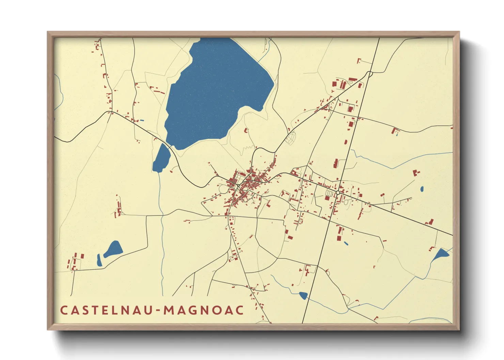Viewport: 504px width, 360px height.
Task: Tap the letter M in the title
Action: (x=169, y=310)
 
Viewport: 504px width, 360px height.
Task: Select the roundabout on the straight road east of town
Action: (x=337, y=193)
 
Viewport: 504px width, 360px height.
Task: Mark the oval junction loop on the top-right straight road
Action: (x=369, y=73)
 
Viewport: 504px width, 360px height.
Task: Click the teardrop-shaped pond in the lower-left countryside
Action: (x=114, y=249)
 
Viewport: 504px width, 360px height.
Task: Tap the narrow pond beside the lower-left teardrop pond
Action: (x=99, y=260)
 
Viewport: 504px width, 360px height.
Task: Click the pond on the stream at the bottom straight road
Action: (x=303, y=295)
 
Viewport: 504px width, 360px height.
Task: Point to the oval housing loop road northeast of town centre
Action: (x=290, y=138)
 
